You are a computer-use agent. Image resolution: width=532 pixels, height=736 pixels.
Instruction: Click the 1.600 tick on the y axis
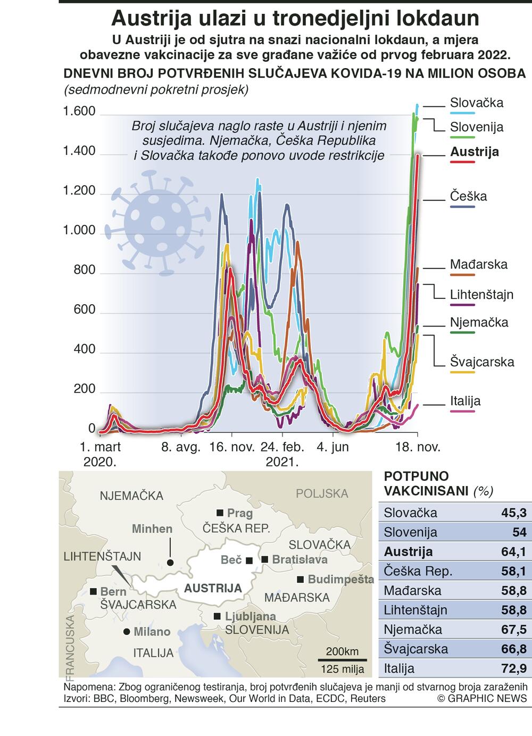pos(79,112)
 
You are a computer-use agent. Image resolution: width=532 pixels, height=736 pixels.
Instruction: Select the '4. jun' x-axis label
pos(332,447)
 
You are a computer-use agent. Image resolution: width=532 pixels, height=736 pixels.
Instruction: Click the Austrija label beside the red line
pos(475,152)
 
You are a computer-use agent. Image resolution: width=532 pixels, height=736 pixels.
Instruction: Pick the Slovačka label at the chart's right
pos(476,103)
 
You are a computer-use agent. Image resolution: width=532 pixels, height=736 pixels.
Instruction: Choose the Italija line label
pos(465,401)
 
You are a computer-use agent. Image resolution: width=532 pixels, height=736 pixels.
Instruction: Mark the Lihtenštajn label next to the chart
pos(481,295)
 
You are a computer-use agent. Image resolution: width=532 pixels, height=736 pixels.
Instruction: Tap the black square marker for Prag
pos(220,513)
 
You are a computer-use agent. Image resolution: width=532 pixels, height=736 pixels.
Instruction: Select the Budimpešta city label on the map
pos(340,580)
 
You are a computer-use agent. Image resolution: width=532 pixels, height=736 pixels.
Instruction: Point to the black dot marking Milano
pos(127,632)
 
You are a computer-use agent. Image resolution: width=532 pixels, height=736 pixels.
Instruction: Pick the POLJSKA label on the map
pos(322,494)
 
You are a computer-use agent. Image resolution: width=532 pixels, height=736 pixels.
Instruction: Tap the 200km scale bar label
pos(342,651)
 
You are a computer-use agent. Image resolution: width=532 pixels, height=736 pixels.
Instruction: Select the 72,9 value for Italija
pos(513,668)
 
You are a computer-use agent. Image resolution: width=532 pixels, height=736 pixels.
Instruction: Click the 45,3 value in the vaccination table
pos(513,513)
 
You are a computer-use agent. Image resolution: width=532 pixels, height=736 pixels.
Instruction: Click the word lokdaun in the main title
pos(430,19)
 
